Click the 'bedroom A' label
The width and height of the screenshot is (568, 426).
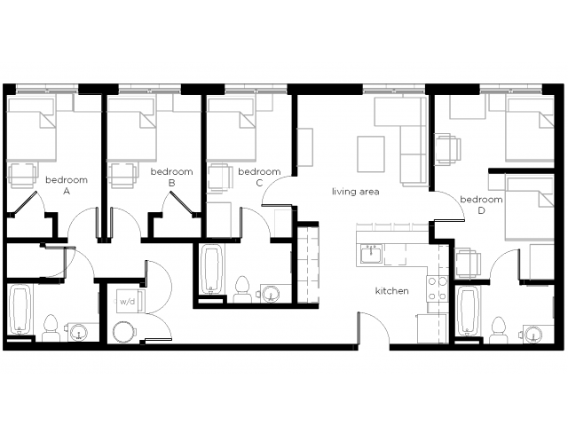67,185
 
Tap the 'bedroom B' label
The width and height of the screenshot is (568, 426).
171,177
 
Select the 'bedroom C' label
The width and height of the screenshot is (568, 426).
259,177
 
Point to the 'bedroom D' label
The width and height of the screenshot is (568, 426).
481,205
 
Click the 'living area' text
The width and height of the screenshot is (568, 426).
356,192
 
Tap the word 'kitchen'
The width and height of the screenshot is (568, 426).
392,291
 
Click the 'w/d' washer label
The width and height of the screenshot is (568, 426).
127,302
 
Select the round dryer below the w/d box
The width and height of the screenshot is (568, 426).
125,332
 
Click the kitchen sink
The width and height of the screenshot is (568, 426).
371,254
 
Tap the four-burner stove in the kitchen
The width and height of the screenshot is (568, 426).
438,288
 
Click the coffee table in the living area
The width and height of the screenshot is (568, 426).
371,154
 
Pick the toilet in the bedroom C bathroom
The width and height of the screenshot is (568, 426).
242,289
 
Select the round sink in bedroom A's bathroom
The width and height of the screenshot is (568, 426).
79,332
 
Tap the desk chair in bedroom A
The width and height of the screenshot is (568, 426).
22,176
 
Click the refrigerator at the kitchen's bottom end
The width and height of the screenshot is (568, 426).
432,328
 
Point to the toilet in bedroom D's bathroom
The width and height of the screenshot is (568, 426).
498,330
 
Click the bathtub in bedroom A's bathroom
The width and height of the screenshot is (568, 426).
20,311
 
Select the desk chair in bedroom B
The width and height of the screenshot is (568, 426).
123,176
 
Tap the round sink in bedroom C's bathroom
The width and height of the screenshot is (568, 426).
270,294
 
